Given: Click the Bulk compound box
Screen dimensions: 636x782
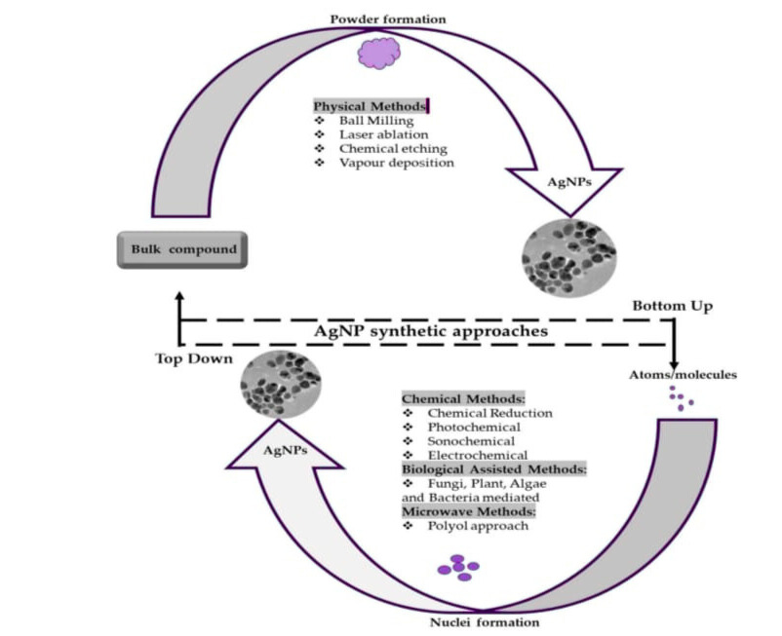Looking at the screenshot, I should tap(183, 249).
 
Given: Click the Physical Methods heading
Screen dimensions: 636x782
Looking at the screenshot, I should tap(370, 105).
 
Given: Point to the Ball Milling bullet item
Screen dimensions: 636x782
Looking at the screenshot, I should tap(376, 120).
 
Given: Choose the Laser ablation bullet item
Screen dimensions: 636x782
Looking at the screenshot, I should tap(383, 134).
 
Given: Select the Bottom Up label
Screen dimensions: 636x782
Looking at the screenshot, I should tap(672, 306).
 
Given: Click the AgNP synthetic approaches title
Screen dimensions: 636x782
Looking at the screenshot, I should tap(430, 330).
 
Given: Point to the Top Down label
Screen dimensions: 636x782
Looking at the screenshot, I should tap(195, 358).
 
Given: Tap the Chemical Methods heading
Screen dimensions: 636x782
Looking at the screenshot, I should tap(463, 398).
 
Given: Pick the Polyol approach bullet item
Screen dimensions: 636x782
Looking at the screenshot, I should tap(474, 526).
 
